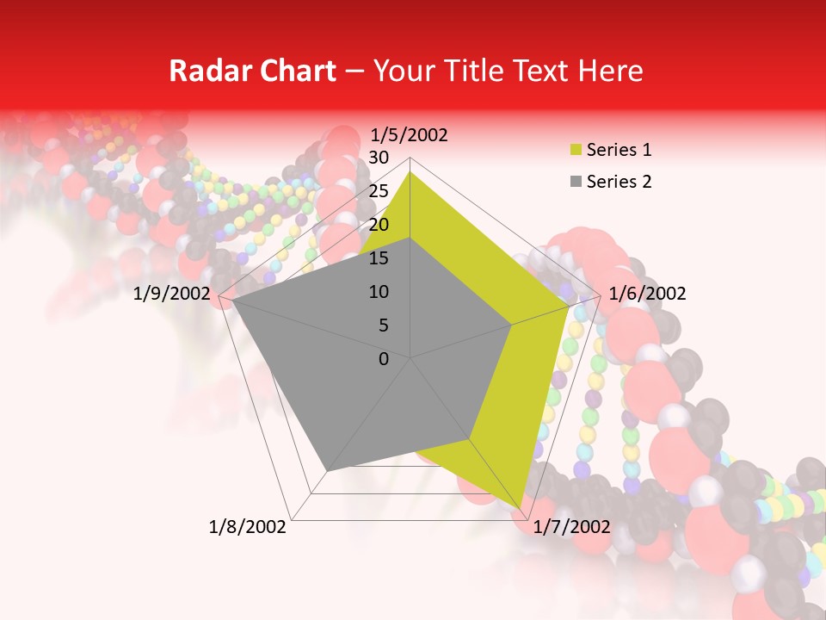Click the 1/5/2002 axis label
pos(410,135)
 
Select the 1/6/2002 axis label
pos(647,294)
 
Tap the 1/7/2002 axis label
pos(571,527)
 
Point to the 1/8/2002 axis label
pos(248,527)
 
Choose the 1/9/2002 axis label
pos(172,294)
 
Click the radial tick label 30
pos(379,158)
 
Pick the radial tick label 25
pos(379,191)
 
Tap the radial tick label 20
pos(379,225)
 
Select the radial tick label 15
pos(379,258)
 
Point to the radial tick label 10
pos(379,292)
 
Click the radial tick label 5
pos(383,325)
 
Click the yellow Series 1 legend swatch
pos(575,151)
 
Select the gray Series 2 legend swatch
pos(575,182)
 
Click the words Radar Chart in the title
pos(252,71)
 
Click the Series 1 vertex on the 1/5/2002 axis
pos(410,171)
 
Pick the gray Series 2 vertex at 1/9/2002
pos(231,300)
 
